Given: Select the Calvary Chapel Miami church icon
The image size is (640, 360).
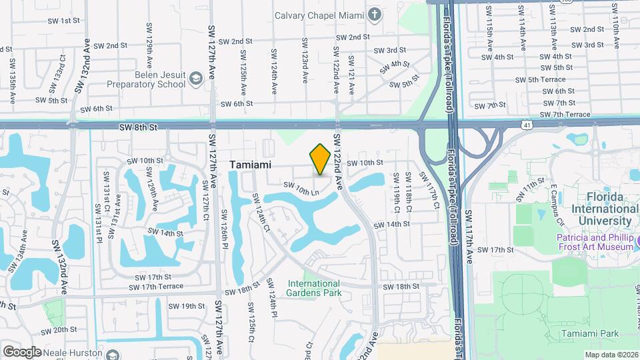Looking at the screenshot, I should click(375, 14).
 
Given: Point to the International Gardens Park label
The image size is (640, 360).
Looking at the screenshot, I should click(314, 288).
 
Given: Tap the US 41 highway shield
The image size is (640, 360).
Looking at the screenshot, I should click(526, 125).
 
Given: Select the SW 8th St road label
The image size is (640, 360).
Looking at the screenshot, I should click(139, 125).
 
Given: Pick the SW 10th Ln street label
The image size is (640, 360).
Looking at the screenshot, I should click(301, 189).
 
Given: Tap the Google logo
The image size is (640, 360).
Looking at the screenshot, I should click(22, 351).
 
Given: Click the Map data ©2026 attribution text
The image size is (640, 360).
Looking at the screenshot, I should click(611, 355).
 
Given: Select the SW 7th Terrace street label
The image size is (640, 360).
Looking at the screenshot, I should click(566, 115).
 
